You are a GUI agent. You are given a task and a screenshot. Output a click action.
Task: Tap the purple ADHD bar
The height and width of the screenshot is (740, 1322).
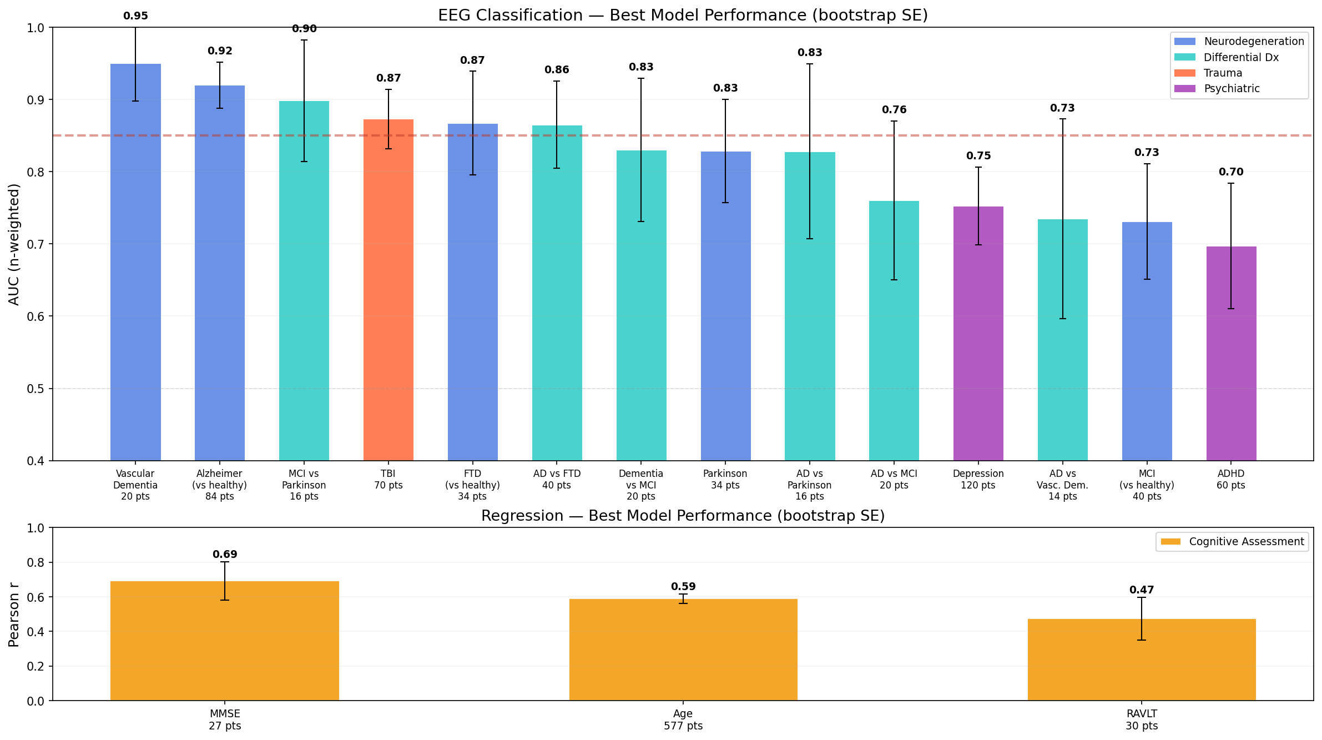click(1231, 361)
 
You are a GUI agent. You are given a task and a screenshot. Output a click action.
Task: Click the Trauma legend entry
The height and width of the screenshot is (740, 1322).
click(1223, 73)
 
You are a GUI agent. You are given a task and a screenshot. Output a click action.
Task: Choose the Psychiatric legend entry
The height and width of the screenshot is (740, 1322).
click(1232, 89)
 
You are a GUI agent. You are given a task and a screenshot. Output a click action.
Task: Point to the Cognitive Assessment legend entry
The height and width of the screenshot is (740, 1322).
click(1246, 542)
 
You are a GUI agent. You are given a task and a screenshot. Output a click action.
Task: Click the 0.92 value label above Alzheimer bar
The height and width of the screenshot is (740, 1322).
click(220, 51)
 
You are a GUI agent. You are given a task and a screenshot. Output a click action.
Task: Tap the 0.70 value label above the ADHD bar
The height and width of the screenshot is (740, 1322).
click(1231, 172)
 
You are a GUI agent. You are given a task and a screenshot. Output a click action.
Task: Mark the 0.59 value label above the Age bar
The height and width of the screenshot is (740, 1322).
click(683, 587)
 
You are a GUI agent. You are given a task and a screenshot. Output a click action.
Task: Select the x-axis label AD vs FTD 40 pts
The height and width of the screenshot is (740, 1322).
click(557, 480)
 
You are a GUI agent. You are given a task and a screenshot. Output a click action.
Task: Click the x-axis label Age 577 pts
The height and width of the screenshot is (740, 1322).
click(683, 720)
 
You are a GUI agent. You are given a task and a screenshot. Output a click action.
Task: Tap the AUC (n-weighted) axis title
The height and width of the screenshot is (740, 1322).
click(14, 244)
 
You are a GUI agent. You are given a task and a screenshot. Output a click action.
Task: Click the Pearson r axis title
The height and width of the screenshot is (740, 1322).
click(14, 615)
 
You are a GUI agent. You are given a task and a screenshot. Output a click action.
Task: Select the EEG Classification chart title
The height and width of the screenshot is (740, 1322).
click(683, 15)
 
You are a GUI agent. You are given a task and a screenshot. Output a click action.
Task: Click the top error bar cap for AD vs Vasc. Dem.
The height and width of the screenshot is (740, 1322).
click(1062, 119)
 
